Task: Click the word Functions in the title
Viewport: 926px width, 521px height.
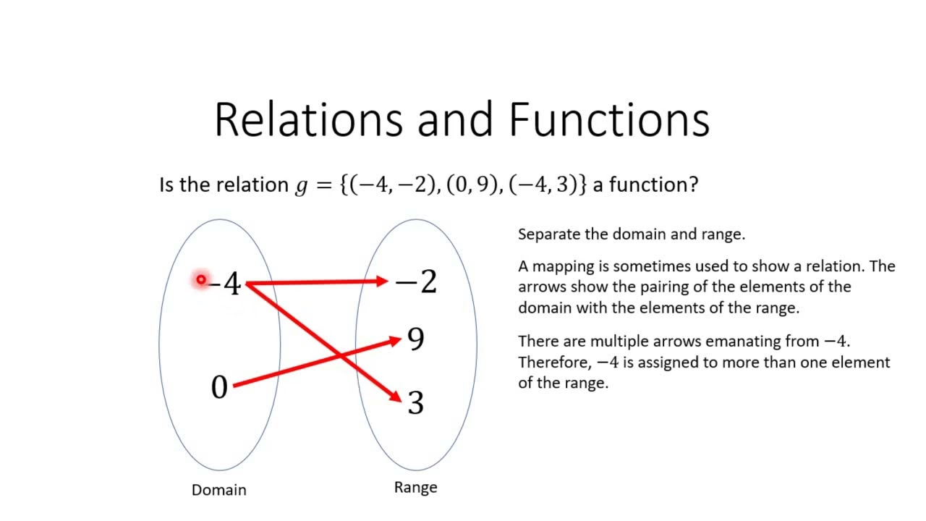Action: click(x=609, y=119)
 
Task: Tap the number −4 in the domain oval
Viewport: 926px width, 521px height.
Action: click(x=226, y=284)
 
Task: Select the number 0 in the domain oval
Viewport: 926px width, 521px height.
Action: click(x=219, y=388)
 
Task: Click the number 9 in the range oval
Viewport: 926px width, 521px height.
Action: click(x=416, y=339)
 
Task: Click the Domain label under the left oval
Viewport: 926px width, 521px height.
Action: click(x=219, y=490)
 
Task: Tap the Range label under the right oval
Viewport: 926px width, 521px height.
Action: click(x=415, y=487)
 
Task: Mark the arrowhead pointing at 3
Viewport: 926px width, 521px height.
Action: click(x=395, y=397)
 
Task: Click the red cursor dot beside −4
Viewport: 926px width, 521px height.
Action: click(x=200, y=279)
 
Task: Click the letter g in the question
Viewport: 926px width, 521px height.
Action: click(x=302, y=186)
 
